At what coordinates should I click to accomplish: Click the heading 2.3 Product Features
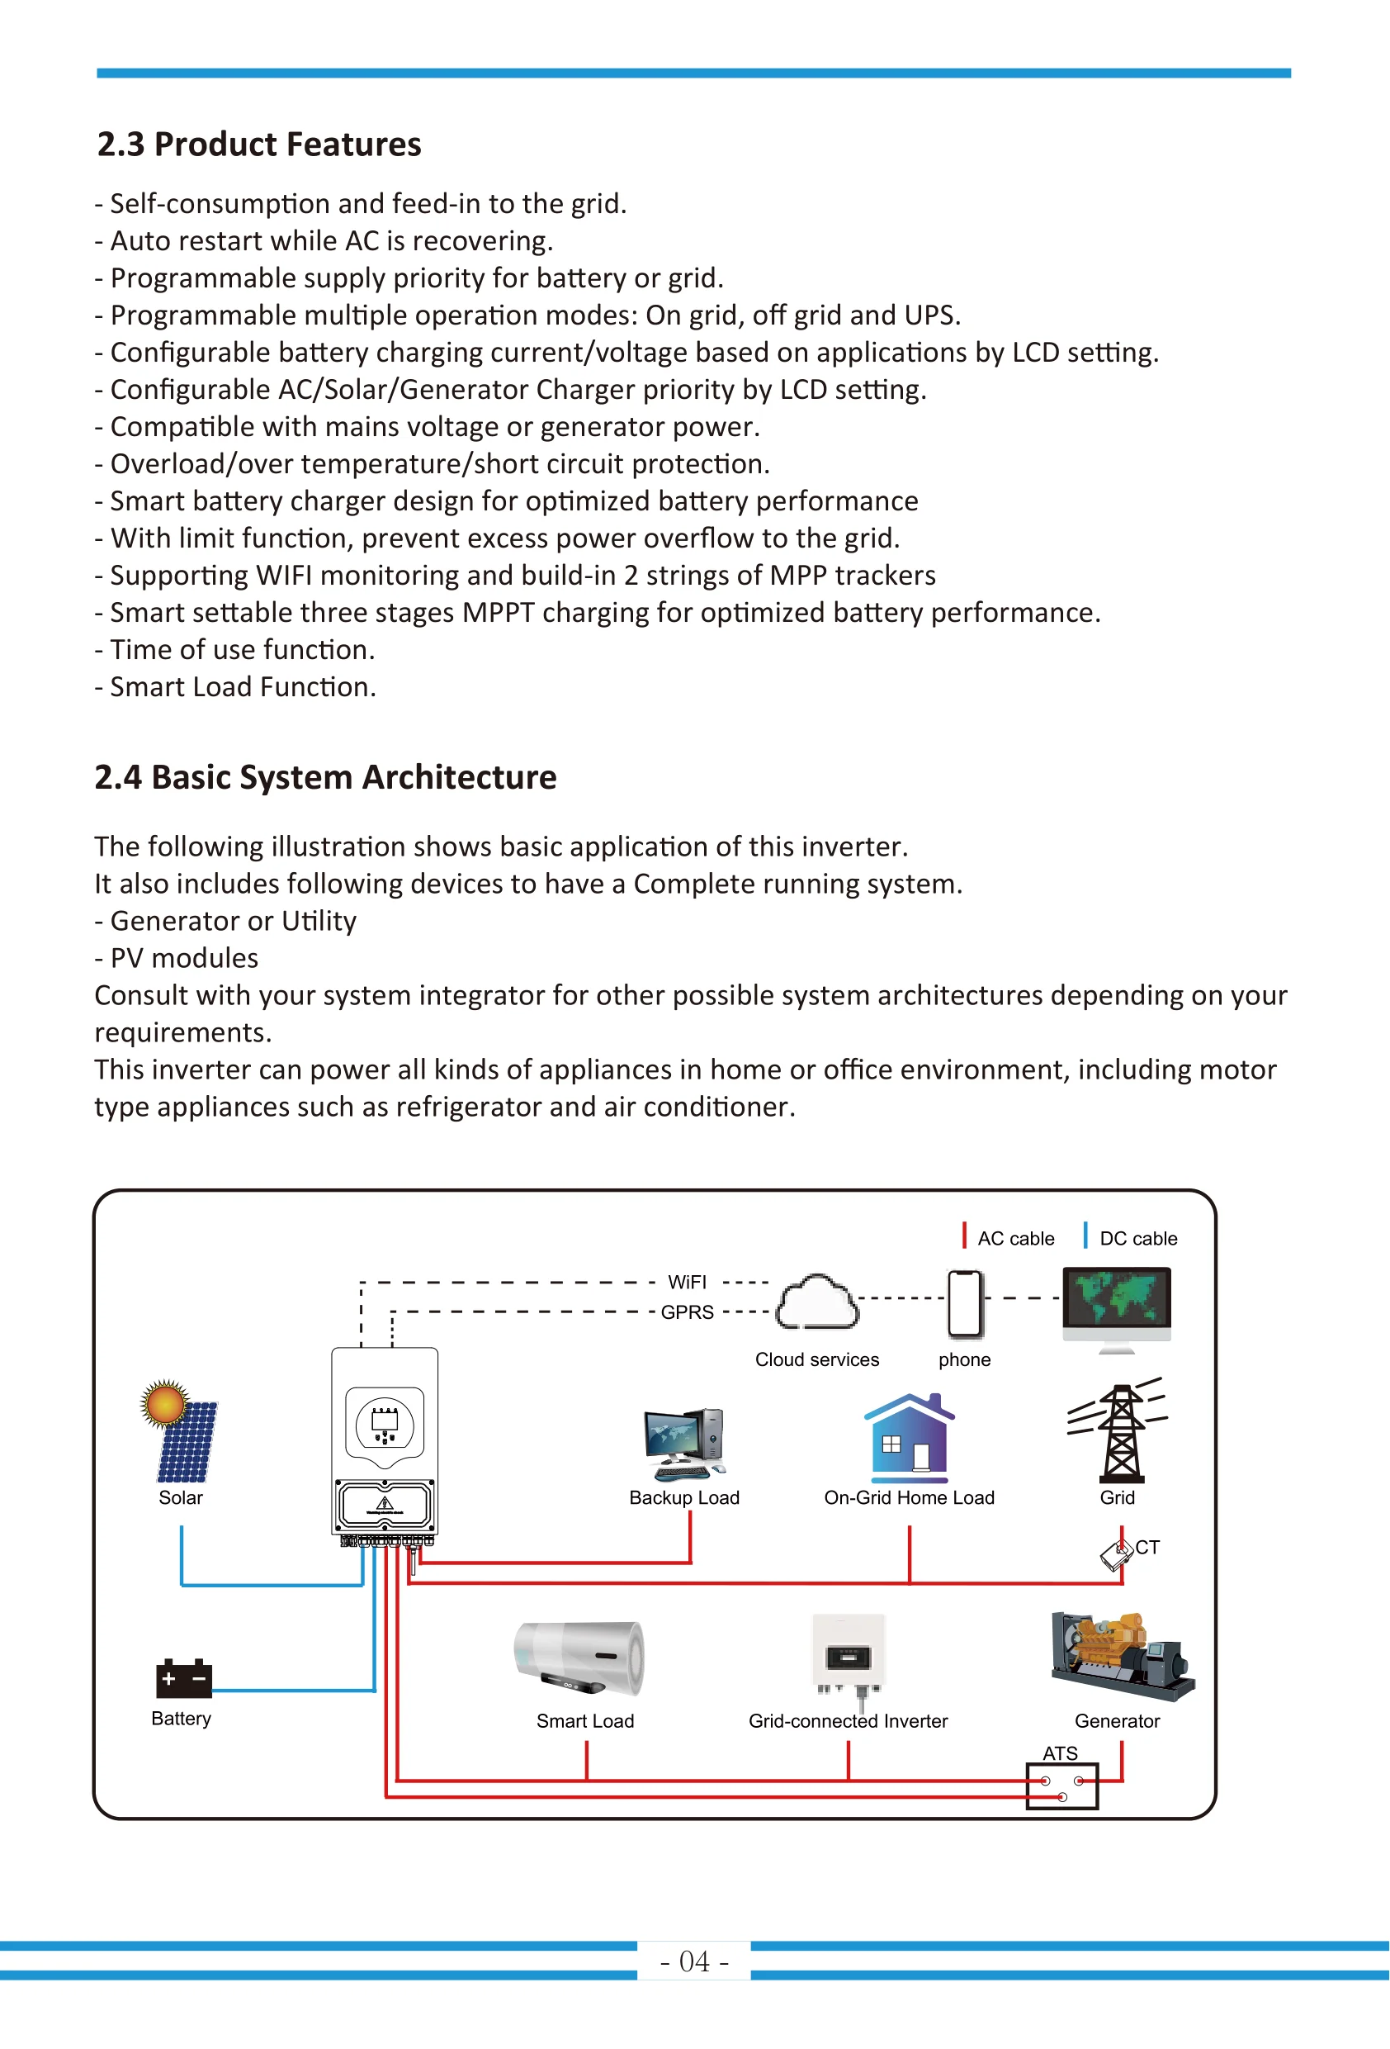pos(258,145)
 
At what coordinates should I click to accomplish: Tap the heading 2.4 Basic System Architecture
pos(325,778)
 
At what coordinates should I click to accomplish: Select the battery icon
pos(183,1678)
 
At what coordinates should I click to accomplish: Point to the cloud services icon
pos(816,1302)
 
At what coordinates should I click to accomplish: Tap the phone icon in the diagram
pos(964,1303)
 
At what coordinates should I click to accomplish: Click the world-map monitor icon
pos(1117,1306)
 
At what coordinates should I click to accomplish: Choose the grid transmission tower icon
pos(1118,1432)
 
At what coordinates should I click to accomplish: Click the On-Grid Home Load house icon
pos(909,1437)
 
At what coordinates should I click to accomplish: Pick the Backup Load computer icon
pos(684,1444)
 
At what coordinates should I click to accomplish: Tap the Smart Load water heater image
pos(581,1658)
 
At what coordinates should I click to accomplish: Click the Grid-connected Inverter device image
pos(848,1653)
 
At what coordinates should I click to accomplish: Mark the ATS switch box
pos(1061,1786)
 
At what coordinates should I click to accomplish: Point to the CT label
pos(1147,1548)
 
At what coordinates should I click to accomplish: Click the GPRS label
pos(687,1312)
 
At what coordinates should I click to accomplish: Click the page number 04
pos(693,1961)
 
